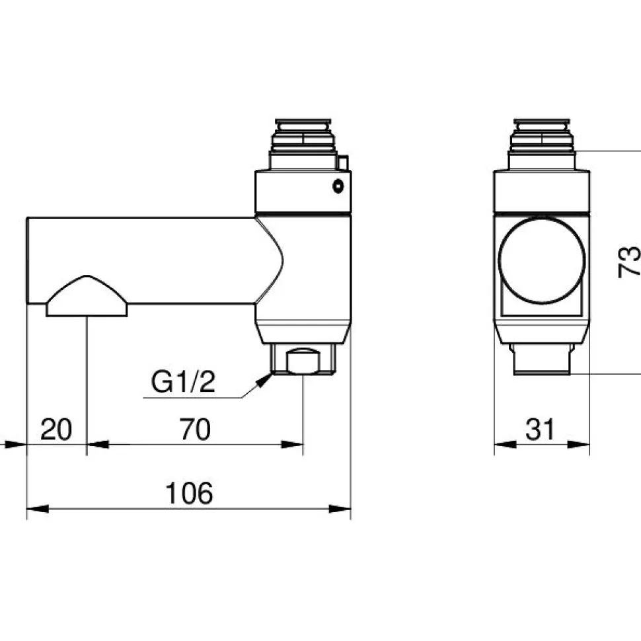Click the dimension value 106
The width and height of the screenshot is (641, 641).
click(189, 493)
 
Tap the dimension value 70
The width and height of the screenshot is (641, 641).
click(195, 430)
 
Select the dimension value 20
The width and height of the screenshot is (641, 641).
click(56, 430)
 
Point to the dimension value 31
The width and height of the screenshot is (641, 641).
click(540, 430)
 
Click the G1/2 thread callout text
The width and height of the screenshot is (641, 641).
click(183, 381)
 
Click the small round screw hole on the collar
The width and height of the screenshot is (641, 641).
click(338, 186)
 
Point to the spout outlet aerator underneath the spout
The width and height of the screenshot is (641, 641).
click(87, 296)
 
